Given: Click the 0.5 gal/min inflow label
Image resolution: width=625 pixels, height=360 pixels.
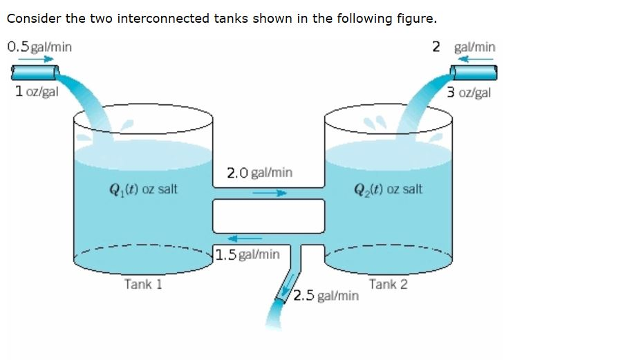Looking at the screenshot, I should [39, 46].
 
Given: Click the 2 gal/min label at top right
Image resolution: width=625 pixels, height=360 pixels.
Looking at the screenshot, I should [463, 47].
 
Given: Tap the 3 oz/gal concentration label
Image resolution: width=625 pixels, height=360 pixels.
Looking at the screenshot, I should [468, 93].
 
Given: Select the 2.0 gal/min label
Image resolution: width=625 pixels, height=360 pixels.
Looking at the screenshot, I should [259, 172].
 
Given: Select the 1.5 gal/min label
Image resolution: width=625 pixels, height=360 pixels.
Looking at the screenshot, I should [248, 254].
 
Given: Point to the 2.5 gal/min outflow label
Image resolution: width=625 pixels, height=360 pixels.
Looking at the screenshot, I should [325, 296].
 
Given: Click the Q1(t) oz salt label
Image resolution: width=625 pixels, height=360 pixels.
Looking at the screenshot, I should [144, 189].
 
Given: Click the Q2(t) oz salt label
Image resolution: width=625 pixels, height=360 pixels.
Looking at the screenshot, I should [388, 189].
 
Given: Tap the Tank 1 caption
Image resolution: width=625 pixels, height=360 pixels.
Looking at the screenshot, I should [143, 284].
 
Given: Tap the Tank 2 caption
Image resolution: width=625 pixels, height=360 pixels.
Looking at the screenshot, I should [388, 284].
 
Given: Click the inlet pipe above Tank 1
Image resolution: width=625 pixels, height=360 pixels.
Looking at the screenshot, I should [34, 72].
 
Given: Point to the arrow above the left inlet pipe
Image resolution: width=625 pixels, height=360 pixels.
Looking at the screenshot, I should [40, 59].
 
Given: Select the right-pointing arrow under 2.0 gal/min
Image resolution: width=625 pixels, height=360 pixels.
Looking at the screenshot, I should [268, 193].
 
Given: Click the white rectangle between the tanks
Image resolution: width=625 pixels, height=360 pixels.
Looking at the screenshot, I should [268, 216].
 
